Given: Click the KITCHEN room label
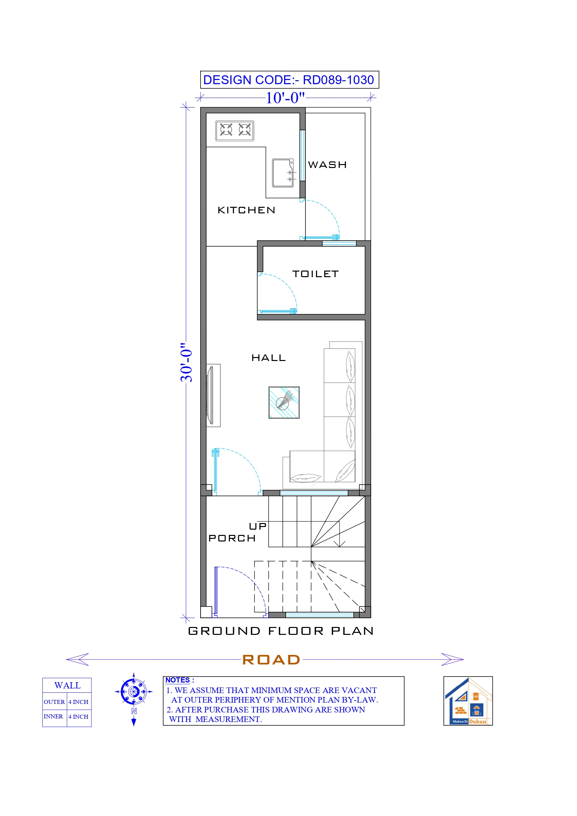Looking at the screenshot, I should (246, 210).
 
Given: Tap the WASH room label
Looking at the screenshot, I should (327, 165).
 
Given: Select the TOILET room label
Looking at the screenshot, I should (315, 274).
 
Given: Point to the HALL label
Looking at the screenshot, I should (268, 358).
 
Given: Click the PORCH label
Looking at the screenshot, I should (232, 539).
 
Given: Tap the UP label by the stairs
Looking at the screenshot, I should (257, 526).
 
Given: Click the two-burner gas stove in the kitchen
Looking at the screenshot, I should (235, 131).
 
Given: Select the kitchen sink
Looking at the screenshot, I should (283, 173).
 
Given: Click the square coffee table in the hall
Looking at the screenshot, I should (284, 403).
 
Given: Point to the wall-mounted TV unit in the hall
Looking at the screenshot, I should (212, 395).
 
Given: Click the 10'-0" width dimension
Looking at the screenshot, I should (285, 98).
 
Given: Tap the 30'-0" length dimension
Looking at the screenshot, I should (186, 363).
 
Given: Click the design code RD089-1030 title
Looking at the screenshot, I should (289, 80).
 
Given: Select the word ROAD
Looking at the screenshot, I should (271, 660).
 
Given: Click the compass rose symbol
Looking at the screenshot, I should (134, 692).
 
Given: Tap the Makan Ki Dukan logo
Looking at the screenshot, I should (468, 701).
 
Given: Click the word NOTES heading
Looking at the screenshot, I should (178, 680).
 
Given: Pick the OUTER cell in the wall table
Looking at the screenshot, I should (54, 702).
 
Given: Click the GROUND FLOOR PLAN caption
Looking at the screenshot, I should (281, 631).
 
